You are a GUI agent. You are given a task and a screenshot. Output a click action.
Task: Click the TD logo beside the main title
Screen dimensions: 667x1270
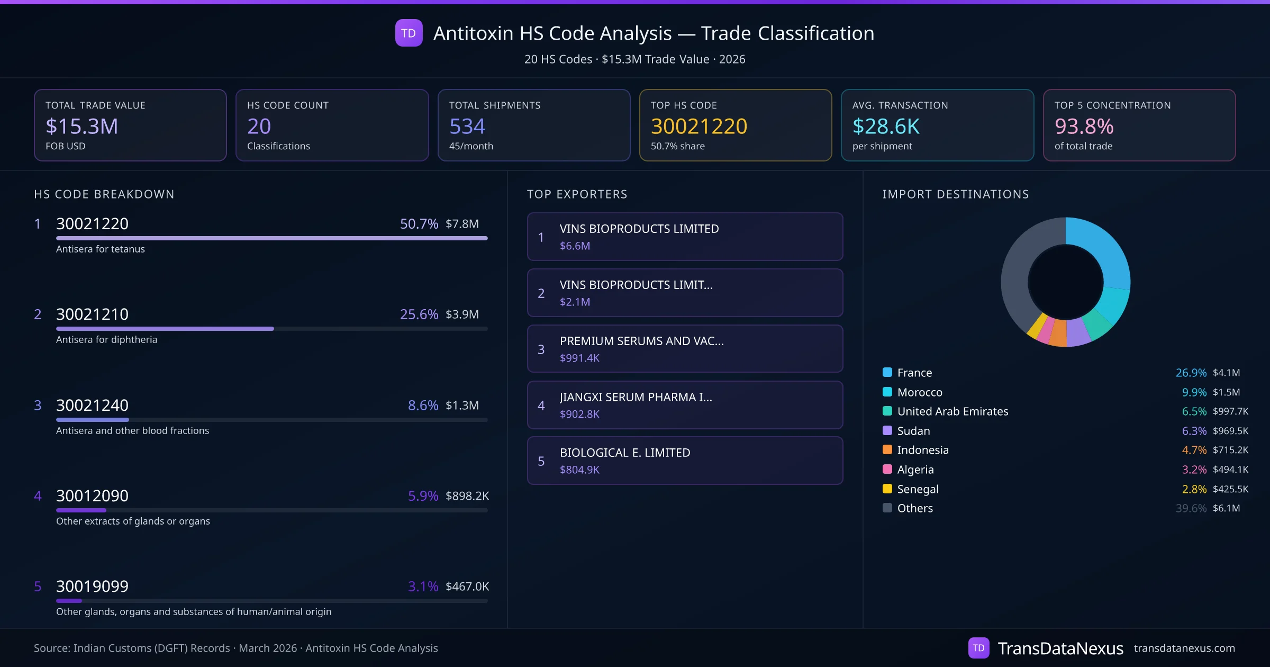point(409,33)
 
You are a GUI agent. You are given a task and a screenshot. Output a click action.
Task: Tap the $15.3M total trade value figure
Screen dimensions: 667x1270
point(81,127)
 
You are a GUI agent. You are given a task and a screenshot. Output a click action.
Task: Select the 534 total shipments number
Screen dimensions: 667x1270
point(467,127)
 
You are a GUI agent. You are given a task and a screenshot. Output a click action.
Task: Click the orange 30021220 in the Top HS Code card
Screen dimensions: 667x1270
point(698,127)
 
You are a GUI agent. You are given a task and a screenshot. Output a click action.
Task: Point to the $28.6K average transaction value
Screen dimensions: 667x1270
point(886,127)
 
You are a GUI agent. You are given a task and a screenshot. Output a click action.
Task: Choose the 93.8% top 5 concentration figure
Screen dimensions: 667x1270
point(1084,127)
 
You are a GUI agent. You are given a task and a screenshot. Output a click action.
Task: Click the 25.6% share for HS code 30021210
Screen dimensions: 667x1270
point(419,314)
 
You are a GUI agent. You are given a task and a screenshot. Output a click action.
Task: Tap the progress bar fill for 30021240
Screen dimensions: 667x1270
point(93,420)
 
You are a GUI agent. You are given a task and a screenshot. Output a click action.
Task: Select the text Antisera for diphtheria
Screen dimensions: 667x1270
point(106,340)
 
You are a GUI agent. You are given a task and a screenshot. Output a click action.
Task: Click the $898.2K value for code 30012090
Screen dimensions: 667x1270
point(467,496)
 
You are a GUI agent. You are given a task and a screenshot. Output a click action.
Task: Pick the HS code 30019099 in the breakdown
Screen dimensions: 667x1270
point(92,587)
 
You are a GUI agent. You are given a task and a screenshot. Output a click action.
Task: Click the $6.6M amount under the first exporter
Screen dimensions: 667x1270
point(575,246)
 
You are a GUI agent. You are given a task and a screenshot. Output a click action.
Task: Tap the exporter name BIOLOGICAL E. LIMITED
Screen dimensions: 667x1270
point(624,453)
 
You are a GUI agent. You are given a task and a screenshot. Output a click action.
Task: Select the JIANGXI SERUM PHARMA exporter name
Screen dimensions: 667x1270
point(636,397)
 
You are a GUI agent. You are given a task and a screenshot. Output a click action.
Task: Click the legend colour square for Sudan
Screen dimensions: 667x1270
point(887,431)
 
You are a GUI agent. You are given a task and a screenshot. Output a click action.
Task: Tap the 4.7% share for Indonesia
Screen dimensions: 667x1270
point(1194,450)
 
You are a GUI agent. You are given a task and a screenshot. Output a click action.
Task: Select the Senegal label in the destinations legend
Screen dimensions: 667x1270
point(918,489)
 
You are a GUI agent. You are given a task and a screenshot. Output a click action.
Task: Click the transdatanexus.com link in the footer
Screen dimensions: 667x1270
point(1184,648)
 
